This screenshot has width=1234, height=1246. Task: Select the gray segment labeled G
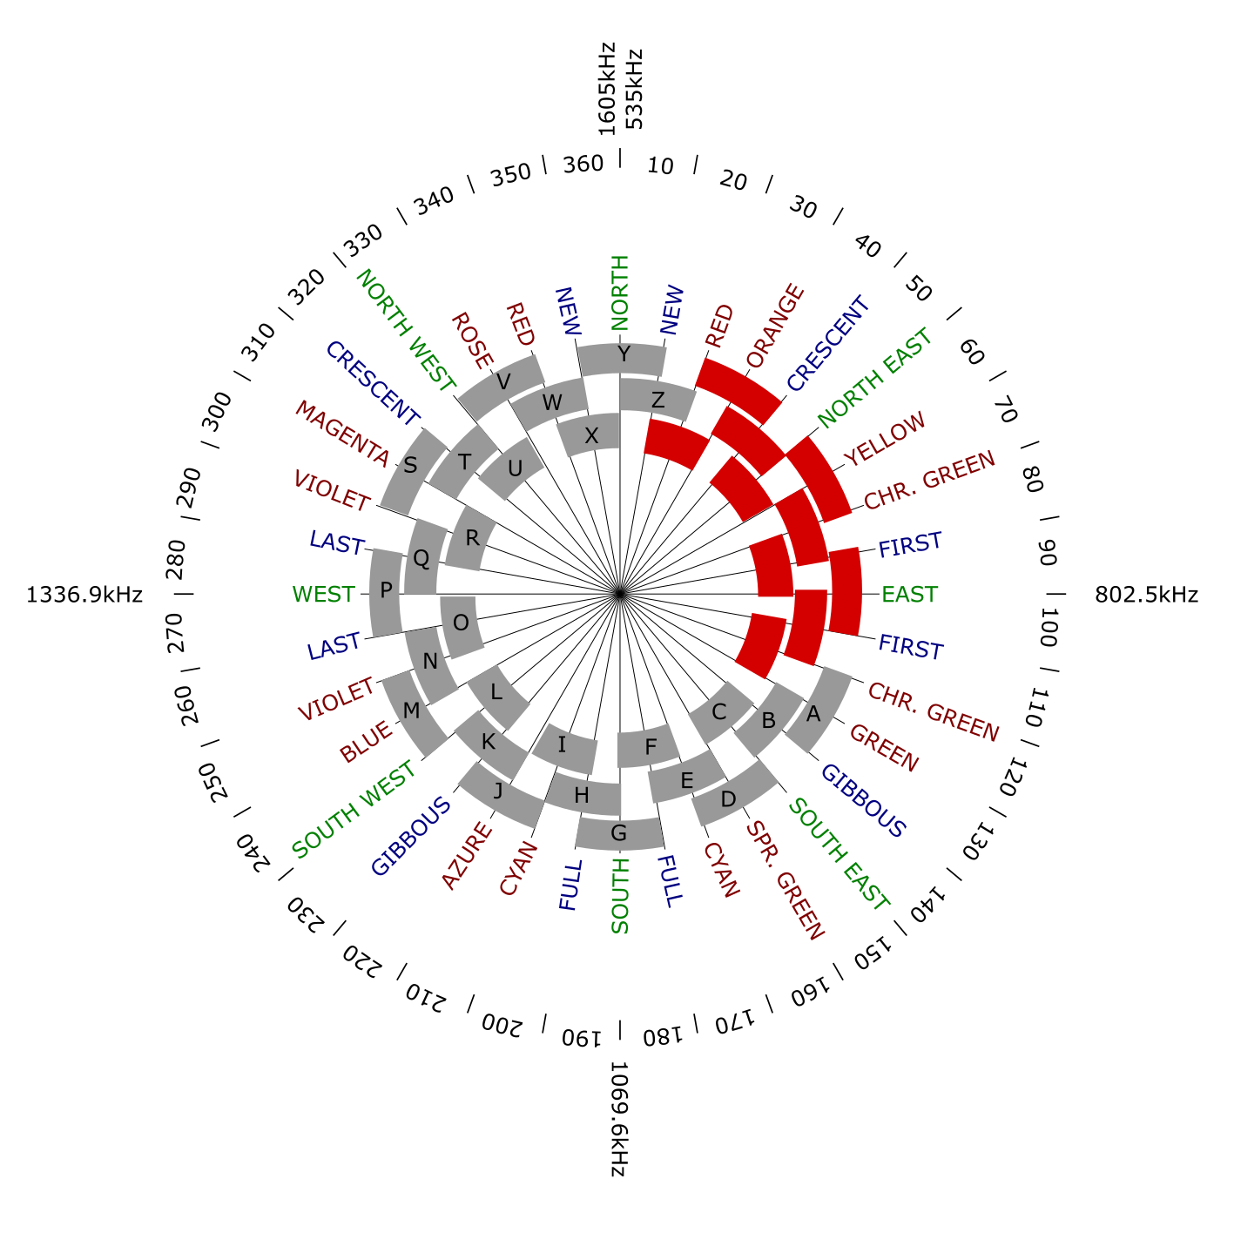pos(619,834)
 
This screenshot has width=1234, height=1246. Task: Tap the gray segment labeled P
pos(386,590)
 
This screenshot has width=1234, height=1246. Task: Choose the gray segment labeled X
pos(592,435)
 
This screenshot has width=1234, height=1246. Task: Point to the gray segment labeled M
pos(412,711)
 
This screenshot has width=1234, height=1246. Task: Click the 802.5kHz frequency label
pos(1146,595)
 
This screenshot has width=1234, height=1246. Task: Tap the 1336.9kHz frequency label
pos(84,595)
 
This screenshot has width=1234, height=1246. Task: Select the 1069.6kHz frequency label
pos(619,1120)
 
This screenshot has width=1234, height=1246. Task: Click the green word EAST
pos(909,595)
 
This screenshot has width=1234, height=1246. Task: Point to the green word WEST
pos(324,595)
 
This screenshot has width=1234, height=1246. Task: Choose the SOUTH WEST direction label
pos(354,810)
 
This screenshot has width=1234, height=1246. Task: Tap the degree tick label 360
pos(583,164)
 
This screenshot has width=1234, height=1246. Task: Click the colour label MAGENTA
pos(342,432)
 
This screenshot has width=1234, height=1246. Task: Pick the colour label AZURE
pos(467,856)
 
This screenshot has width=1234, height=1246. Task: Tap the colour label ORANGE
pos(774,325)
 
